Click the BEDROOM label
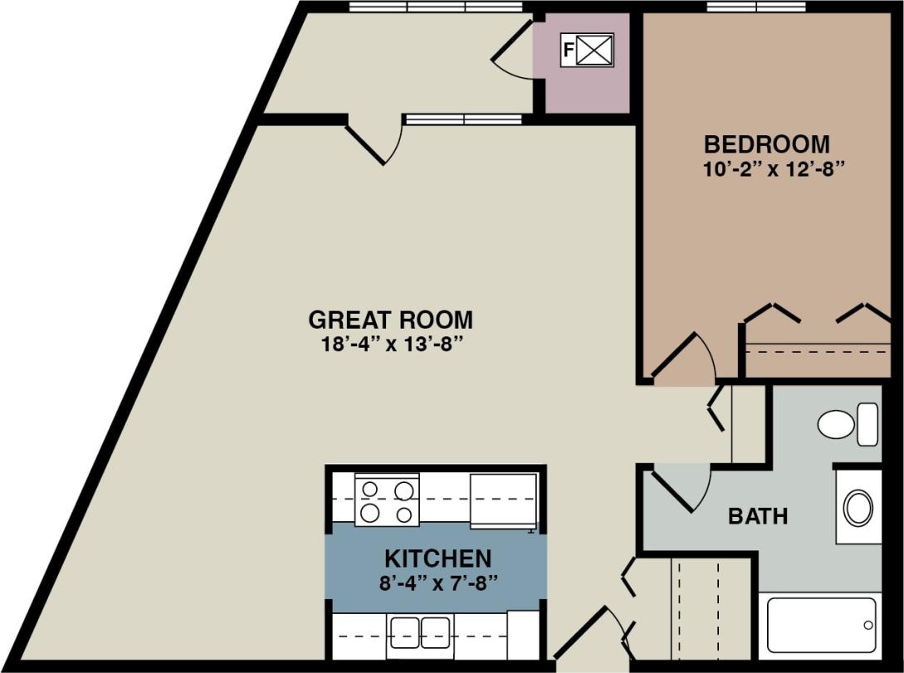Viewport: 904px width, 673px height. [766, 144]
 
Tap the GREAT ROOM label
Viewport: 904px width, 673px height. [390, 319]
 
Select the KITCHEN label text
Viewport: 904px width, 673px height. [437, 558]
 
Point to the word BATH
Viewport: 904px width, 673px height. [758, 516]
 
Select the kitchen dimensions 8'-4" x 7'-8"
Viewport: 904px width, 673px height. [437, 580]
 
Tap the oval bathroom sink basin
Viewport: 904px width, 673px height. [858, 507]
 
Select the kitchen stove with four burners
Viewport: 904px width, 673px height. [387, 500]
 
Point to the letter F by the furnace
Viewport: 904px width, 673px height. [568, 50]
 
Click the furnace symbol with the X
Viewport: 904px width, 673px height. [594, 50]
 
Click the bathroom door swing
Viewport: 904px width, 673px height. [681, 488]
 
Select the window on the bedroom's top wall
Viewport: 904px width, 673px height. [755, 7]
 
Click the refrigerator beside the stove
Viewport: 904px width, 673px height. [503, 500]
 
